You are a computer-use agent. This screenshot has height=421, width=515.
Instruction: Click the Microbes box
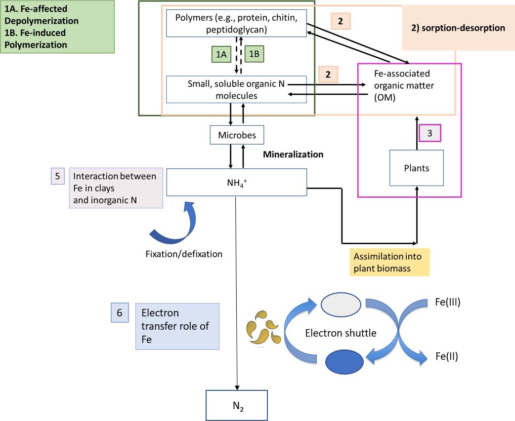tap(236, 135)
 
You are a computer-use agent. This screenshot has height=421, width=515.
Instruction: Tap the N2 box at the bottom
tap(236, 405)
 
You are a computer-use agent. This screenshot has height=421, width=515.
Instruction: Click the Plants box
tap(416, 168)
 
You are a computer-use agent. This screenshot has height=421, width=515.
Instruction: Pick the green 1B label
tap(254, 54)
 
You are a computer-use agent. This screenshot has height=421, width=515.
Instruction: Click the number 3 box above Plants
tap(429, 133)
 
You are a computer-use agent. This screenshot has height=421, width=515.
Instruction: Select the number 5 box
tap(57, 176)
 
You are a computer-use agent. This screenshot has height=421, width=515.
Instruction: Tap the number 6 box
tap(119, 312)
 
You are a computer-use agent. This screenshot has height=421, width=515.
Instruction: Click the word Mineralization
tap(293, 154)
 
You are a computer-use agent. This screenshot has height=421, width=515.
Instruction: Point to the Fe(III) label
tap(448, 303)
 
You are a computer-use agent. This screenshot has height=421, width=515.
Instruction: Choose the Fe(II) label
tap(446, 356)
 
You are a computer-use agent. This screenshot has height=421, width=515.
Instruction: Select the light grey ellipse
tap(342, 305)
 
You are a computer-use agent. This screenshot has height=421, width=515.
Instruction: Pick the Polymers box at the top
tap(236, 24)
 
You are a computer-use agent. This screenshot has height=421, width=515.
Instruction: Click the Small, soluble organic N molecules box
tap(236, 89)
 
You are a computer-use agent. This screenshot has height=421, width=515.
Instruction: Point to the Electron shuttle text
tap(341, 333)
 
